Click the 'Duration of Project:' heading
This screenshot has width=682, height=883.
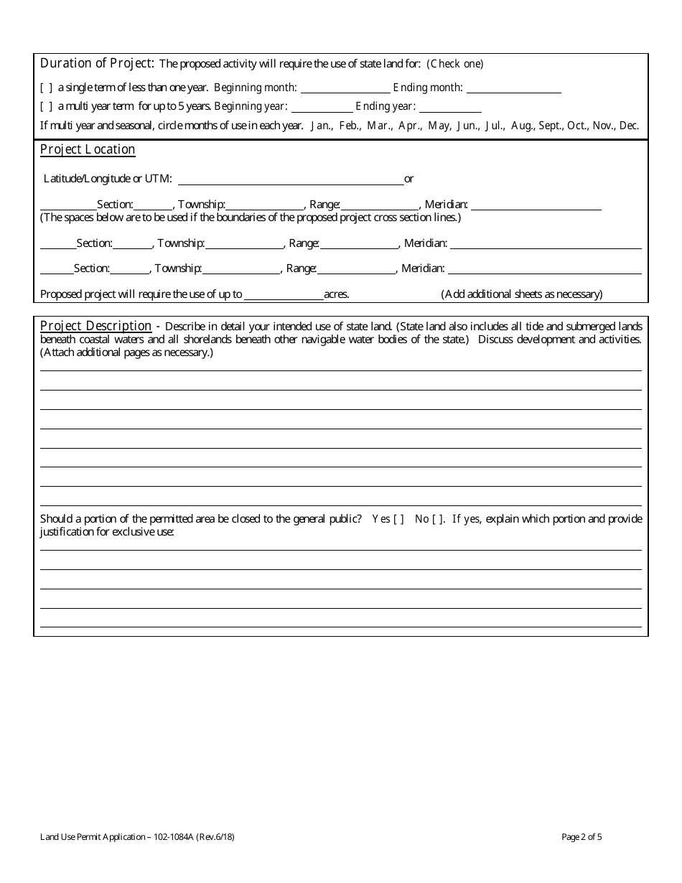(x=97, y=62)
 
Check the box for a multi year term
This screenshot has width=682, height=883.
(x=46, y=107)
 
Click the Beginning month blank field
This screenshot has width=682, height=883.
(x=345, y=88)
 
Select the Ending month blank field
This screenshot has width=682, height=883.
(x=513, y=88)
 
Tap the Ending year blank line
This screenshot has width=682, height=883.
(x=450, y=107)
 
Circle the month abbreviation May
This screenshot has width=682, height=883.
(x=439, y=126)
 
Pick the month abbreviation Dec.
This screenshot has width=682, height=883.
(x=629, y=126)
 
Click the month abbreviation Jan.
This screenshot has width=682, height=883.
(x=321, y=126)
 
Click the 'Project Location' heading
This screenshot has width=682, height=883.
(x=88, y=149)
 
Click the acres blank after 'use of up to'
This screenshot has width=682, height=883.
(x=284, y=294)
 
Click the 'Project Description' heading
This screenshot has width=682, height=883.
(x=95, y=326)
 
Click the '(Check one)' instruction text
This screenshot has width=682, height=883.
(x=455, y=64)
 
